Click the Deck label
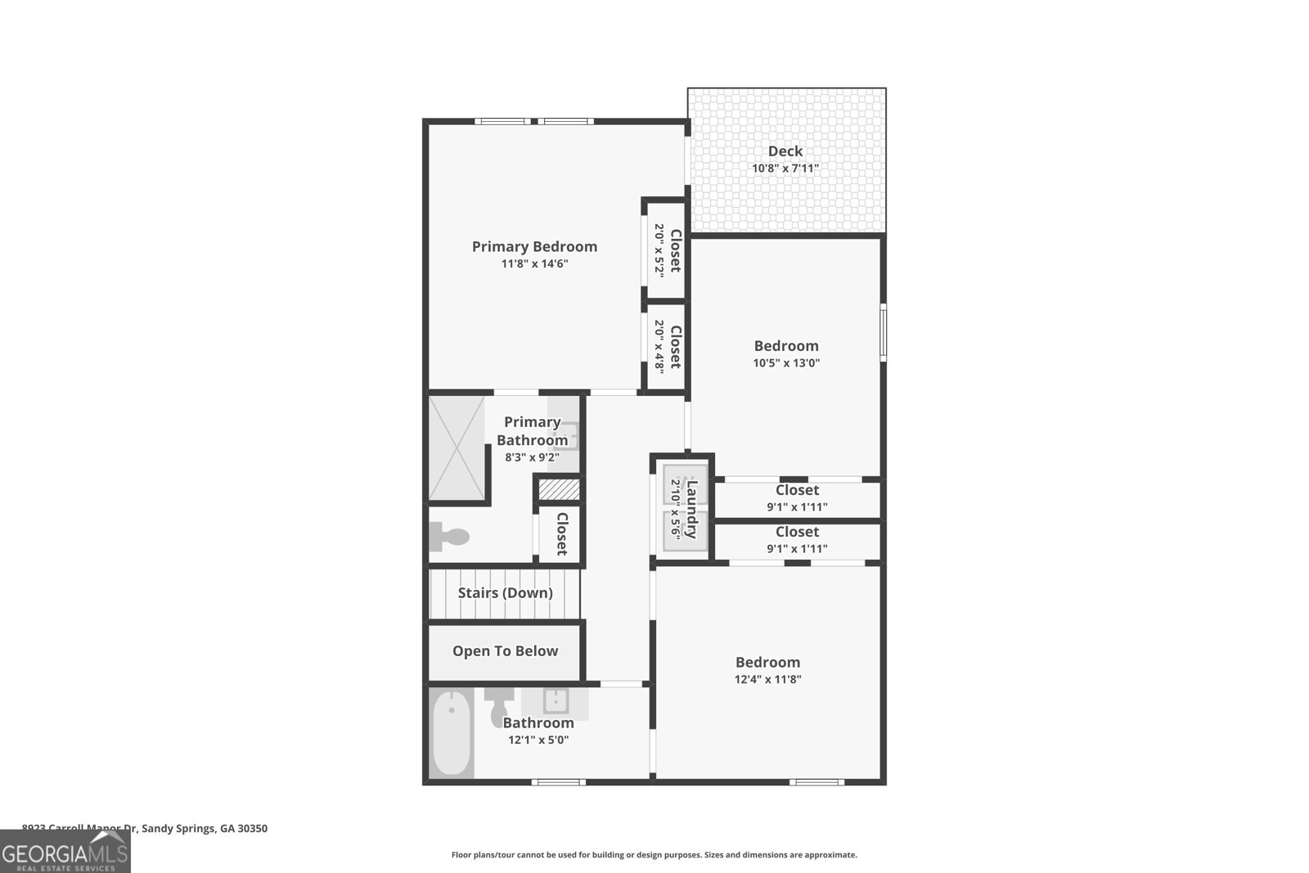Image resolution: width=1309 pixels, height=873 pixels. [785, 151]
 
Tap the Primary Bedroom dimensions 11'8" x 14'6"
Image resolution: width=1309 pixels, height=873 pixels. [534, 264]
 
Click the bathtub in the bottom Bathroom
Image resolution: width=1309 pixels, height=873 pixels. [451, 733]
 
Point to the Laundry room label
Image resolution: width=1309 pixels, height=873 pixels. [692, 509]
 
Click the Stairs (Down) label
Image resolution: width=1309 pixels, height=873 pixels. [505, 593]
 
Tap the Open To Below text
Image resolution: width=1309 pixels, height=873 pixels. [505, 651]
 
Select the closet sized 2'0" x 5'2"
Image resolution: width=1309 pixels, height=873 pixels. [664, 250]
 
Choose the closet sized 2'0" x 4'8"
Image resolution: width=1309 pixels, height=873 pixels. [664, 346]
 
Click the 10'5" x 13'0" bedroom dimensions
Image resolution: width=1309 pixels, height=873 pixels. [786, 363]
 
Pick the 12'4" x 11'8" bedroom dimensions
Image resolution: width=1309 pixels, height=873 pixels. [767, 679]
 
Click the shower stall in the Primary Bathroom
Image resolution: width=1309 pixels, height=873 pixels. [457, 448]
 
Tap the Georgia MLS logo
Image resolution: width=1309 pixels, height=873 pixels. [65, 854]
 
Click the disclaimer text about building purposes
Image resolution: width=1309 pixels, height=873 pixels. [654, 855]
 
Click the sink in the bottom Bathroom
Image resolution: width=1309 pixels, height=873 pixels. [556, 700]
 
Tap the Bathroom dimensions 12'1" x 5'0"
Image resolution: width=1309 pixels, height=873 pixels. [538, 740]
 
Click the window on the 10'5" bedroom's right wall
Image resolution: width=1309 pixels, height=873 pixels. [883, 331]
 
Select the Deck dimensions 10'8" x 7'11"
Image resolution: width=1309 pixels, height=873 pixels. [785, 169]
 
